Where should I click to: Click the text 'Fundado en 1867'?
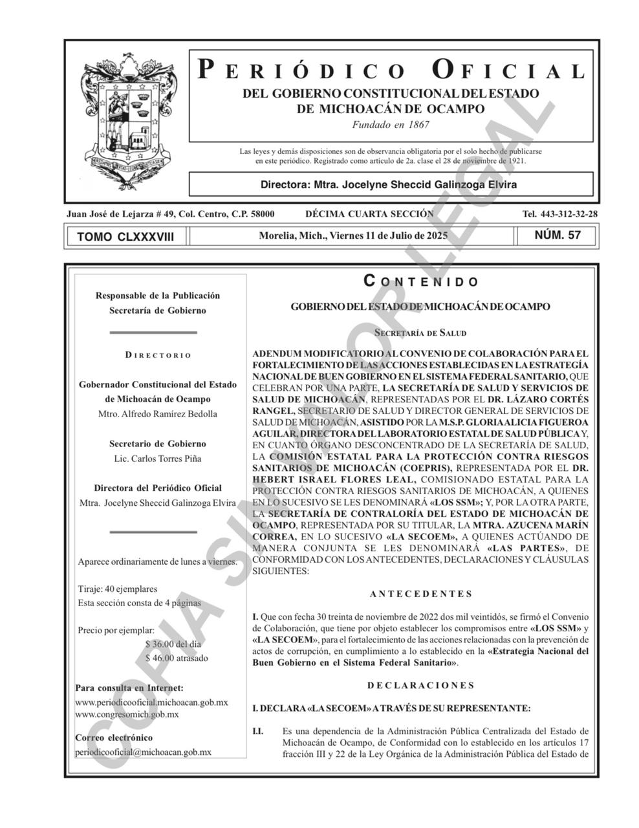coord(391,125)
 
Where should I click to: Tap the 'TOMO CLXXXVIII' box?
coord(125,237)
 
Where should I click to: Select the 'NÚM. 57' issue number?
coord(558,235)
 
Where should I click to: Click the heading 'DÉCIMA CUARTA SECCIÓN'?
coord(369,214)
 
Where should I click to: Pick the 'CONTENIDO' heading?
coord(421,281)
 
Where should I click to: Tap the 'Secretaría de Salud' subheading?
coord(420,332)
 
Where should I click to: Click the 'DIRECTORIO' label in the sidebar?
coord(158,355)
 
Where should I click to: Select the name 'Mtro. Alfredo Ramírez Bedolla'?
coord(157,414)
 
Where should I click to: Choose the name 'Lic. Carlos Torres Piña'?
coord(157,459)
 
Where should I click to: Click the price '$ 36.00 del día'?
coord(173,644)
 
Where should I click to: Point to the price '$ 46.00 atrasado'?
coord(177,658)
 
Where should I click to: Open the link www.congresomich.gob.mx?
coord(127,715)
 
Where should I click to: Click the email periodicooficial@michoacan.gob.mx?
coord(143,752)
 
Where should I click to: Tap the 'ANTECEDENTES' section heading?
coord(421,594)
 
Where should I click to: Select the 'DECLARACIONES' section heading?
coord(421,685)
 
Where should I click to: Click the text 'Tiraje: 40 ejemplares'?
coord(117,589)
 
